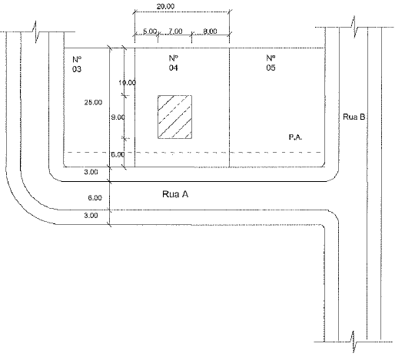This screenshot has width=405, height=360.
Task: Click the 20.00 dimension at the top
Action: pyautogui.click(x=165, y=6)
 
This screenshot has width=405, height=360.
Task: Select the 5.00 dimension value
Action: pyautogui.click(x=150, y=31)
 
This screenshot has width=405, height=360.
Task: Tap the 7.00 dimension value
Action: pyautogui.click(x=175, y=31)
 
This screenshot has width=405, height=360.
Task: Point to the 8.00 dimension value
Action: pyautogui.click(x=210, y=31)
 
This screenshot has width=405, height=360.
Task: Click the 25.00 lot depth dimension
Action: pyautogui.click(x=93, y=102)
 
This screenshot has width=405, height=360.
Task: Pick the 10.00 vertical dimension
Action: pyautogui.click(x=127, y=83)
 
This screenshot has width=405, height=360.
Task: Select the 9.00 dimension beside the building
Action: pyautogui.click(x=118, y=117)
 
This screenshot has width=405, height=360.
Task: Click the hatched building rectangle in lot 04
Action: pyautogui.click(x=175, y=117)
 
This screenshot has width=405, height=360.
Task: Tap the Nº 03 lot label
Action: pyautogui.click(x=77, y=64)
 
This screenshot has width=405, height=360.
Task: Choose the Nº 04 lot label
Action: pyautogui.click(x=174, y=63)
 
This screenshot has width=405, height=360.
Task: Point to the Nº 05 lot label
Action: pyautogui.click(x=271, y=63)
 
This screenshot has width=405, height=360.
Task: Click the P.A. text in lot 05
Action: pyautogui.click(x=295, y=137)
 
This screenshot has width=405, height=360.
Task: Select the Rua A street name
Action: pyautogui.click(x=175, y=194)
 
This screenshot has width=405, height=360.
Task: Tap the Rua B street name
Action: pyautogui.click(x=354, y=117)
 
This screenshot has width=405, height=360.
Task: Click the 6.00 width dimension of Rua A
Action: pyautogui.click(x=95, y=198)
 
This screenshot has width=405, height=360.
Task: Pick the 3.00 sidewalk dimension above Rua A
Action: pyautogui.click(x=91, y=172)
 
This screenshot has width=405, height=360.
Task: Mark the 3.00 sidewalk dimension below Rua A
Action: pyautogui.click(x=91, y=216)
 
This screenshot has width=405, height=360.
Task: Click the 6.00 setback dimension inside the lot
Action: pyautogui.click(x=118, y=154)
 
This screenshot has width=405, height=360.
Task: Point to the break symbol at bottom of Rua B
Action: pyautogui.click(x=354, y=342)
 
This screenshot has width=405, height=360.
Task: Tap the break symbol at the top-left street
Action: pyautogui.click(x=35, y=32)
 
